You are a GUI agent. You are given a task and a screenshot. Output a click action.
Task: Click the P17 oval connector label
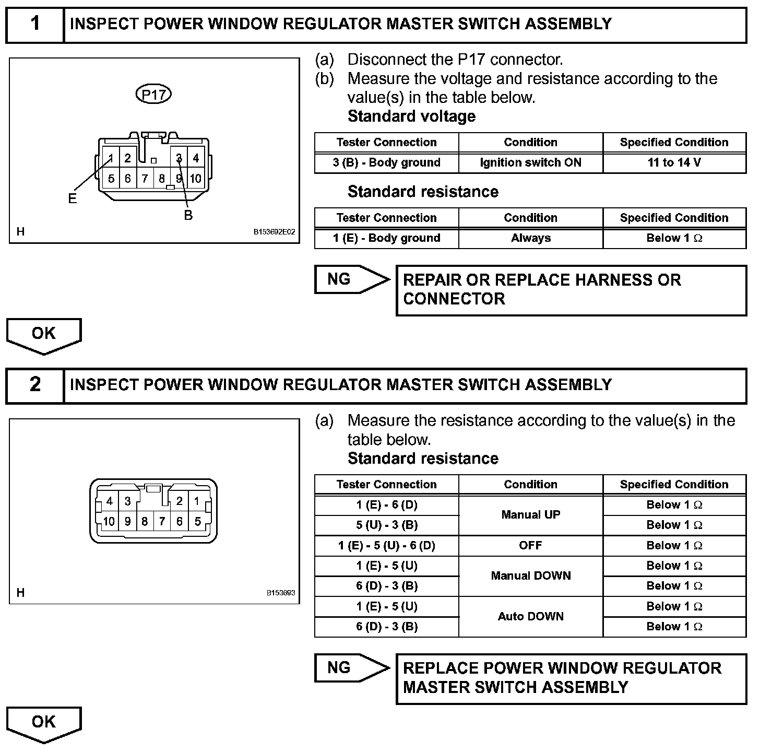tap(153, 95)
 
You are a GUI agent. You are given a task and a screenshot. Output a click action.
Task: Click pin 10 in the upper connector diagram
tap(195, 179)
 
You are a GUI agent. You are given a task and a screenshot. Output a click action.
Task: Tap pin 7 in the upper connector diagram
tap(145, 179)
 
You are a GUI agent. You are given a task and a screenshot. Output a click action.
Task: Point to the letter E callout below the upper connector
tap(72, 198)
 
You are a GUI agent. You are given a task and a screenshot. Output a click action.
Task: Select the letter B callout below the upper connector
tap(188, 215)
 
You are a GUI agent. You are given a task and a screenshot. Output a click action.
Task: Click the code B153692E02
tap(274, 232)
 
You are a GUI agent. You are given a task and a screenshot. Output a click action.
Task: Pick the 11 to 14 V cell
tap(674, 162)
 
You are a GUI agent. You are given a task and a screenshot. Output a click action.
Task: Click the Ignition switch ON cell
tap(530, 162)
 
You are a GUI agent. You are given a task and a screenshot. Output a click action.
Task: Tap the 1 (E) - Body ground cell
tap(386, 238)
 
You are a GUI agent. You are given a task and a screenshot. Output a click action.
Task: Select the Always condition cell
tap(530, 238)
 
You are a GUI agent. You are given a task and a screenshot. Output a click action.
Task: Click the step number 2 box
tap(35, 385)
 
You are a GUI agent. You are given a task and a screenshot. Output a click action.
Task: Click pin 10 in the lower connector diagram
tap(109, 521)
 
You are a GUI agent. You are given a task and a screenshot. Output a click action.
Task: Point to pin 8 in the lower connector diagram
tap(145, 521)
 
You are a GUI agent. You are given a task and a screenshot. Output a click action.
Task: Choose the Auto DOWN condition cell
tap(530, 616)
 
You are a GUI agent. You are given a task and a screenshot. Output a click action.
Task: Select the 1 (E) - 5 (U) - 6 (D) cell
tap(386, 546)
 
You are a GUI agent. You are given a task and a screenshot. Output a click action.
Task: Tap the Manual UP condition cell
tap(530, 515)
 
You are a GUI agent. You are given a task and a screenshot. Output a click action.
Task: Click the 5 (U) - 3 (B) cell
tap(386, 525)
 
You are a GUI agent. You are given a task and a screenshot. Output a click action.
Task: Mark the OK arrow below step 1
tap(44, 335)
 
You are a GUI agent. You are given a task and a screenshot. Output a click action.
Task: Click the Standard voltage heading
tap(411, 116)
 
